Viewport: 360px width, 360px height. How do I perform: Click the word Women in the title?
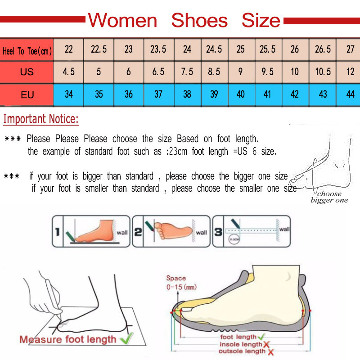coord(122,20)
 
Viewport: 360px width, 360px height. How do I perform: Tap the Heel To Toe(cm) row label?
coord(27,51)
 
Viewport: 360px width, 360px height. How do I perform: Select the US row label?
coord(27,72)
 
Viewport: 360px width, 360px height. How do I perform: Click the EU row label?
coord(27,95)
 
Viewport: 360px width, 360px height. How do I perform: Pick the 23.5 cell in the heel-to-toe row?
coord(158,49)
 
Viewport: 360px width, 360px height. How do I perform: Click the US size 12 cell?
coord(351,72)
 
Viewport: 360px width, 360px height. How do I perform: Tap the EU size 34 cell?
coord(69,95)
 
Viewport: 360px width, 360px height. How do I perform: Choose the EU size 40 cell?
coord(241,95)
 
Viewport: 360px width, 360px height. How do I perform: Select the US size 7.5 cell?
coord(187,72)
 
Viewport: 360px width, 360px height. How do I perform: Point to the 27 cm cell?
coord(351,49)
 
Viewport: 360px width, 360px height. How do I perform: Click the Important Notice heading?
coord(41,120)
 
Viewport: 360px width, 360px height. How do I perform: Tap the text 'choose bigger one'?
coord(329,197)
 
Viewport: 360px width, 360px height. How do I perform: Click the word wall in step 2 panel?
coord(201,233)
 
